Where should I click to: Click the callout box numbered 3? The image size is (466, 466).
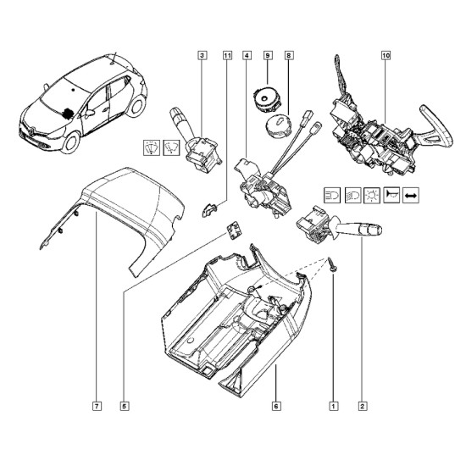[x=202, y=55]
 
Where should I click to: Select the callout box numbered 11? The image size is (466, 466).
[x=227, y=55]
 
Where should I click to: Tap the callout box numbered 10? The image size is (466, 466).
[x=386, y=55]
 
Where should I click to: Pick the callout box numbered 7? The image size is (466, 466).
[x=97, y=406]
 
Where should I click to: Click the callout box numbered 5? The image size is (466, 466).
[x=125, y=406]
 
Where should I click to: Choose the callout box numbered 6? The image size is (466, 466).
[x=276, y=406]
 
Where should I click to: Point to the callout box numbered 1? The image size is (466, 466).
[x=334, y=406]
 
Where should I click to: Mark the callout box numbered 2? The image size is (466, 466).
[x=363, y=406]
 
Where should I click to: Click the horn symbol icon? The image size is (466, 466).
[x=391, y=195]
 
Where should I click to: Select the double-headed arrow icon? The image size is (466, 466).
[x=411, y=195]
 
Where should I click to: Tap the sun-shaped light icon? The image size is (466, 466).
[x=372, y=195]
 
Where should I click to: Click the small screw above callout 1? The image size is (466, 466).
[x=331, y=264]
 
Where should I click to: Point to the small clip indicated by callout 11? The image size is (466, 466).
[x=209, y=209]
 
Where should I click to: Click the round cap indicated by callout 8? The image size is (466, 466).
[x=278, y=126]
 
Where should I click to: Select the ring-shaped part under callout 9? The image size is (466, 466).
[x=268, y=99]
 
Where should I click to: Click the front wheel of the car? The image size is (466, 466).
[x=70, y=142]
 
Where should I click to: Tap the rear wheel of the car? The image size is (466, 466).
[x=136, y=106]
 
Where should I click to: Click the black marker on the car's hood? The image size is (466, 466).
[x=68, y=114]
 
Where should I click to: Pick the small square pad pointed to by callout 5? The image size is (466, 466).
[x=234, y=230]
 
